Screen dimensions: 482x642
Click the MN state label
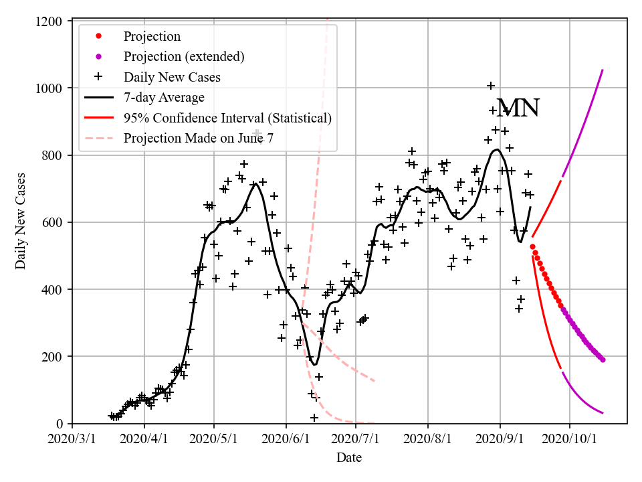pyautogui.click(x=518, y=108)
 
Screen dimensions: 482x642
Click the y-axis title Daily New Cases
pyautogui.click(x=21, y=221)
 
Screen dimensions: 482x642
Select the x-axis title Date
pyautogui.click(x=349, y=458)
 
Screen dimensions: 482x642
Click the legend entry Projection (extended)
pyautogui.click(x=184, y=56)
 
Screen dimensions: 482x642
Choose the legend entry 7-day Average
pyautogui.click(x=164, y=97)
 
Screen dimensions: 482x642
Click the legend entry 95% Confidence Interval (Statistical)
pyautogui.click(x=227, y=118)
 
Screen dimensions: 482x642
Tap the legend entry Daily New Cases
pyautogui.click(x=172, y=77)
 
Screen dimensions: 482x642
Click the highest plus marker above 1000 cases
pyautogui.click(x=491, y=86)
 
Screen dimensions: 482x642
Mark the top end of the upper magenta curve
pyautogui.click(x=603, y=70)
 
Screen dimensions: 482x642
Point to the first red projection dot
pyautogui.click(x=532, y=247)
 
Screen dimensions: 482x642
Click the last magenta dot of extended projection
pyautogui.click(x=603, y=360)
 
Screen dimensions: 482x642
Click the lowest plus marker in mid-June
pyautogui.click(x=314, y=418)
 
